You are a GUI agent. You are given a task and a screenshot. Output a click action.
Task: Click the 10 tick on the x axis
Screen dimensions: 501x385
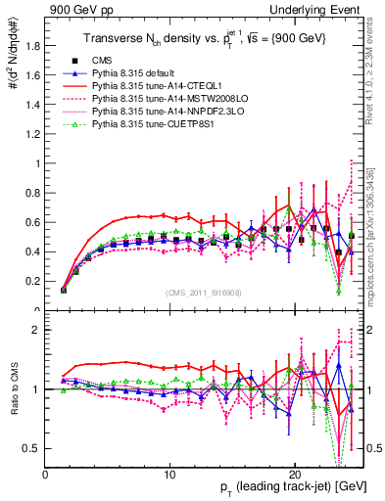pyautogui.click(x=170, y=472)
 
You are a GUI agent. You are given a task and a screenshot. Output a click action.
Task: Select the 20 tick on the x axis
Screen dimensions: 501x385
pyautogui.click(x=295, y=472)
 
